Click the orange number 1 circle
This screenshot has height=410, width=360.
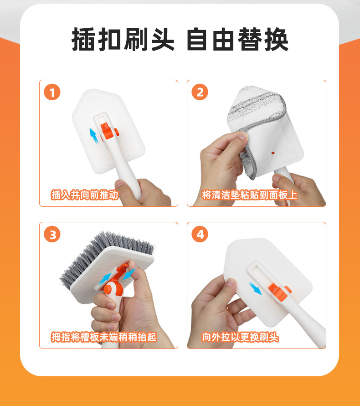(x=52, y=92)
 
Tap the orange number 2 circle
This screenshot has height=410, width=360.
(x=200, y=92)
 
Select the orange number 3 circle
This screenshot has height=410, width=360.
(x=52, y=234)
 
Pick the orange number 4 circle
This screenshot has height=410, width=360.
(x=200, y=234)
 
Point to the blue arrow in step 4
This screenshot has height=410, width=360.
(x=255, y=288)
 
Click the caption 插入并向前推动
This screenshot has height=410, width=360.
(x=84, y=195)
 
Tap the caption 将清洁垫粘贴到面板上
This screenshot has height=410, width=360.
(x=249, y=195)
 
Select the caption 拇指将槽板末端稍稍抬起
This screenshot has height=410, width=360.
(x=103, y=337)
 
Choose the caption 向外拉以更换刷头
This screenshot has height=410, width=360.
(x=240, y=337)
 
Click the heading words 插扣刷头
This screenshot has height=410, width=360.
(x=123, y=39)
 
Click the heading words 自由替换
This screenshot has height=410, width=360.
(x=237, y=39)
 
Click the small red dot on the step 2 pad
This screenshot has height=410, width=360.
(x=273, y=153)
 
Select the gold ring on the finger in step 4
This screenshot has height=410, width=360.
(x=229, y=310)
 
